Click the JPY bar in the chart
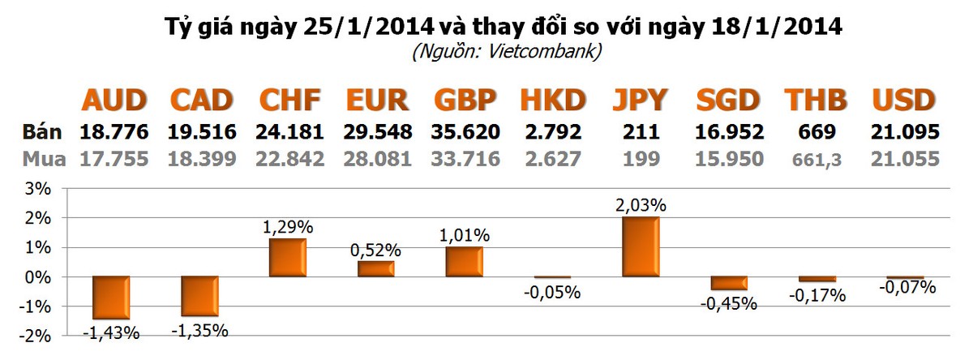pos(640,246)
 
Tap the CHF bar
pos(288,258)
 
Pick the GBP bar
pos(464,262)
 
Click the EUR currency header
pos(376,101)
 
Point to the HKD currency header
pos(552,101)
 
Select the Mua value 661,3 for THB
pos(816,160)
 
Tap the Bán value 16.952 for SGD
pos(729,131)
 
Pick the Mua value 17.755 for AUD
pos(114,159)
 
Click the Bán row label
pos(41,131)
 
